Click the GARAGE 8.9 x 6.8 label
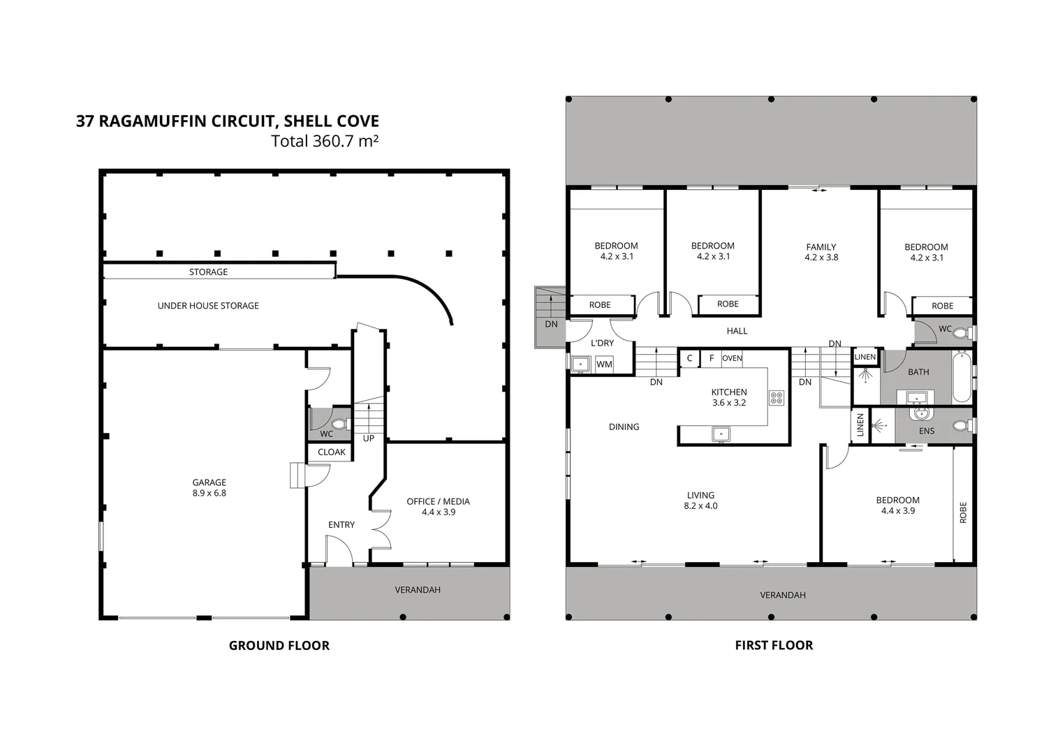coord(209,487)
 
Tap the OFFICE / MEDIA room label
coord(438,506)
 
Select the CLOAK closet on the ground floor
coord(331,452)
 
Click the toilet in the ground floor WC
coord(340,424)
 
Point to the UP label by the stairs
coord(368,438)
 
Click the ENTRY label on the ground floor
coord(341,524)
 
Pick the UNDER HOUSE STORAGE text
coord(208,306)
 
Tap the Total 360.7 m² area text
coord(325,141)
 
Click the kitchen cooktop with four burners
coord(776,398)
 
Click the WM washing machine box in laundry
coord(604,364)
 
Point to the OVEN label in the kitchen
coord(732,358)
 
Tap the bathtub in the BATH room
coord(961,378)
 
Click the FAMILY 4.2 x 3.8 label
coord(821,252)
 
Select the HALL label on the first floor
coord(737,331)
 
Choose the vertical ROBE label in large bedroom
coord(963,512)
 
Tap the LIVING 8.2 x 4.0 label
coord(700,501)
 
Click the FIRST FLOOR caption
coord(774,645)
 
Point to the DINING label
coord(624,427)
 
